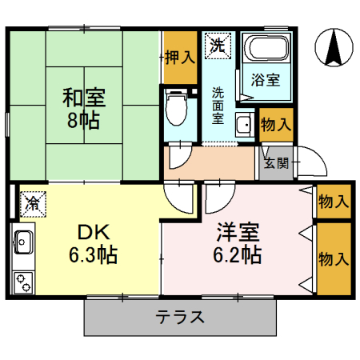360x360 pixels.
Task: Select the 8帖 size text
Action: point(84,124)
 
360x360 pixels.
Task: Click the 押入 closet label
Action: point(179,57)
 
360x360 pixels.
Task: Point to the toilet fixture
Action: point(175,107)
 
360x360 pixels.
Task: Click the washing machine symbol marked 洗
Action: point(216,46)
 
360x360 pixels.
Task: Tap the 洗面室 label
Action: point(218,103)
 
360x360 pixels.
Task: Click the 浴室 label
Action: point(266,80)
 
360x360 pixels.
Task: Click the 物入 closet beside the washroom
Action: point(275,125)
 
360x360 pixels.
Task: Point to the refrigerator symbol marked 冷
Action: point(32,203)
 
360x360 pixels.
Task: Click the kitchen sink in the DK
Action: point(22,240)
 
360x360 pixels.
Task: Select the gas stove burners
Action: point(22,281)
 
